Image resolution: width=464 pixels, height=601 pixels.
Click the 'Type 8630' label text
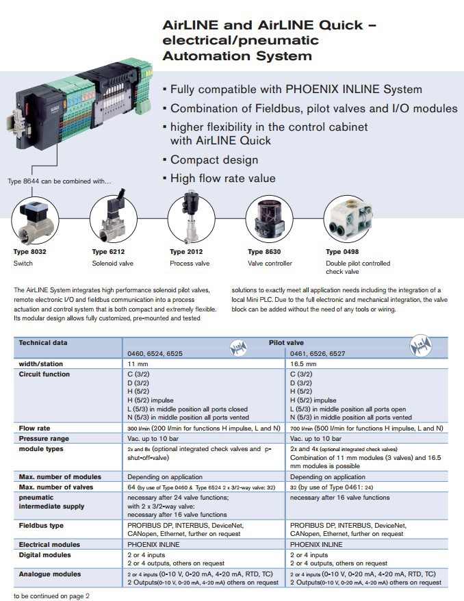pyautogui.click(x=264, y=252)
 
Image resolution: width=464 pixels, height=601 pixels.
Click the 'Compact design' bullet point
pyautogui.click(x=214, y=159)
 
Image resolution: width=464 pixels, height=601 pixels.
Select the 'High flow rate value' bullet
pyautogui.click(x=222, y=178)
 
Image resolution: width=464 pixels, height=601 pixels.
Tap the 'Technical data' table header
pyautogui.click(x=44, y=342)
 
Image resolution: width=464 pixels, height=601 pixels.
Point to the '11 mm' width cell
pyautogui.click(x=140, y=364)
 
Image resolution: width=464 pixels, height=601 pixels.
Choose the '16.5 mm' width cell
pyautogui.click(x=305, y=364)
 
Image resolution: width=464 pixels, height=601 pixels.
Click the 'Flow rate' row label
pyautogui.click(x=34, y=428)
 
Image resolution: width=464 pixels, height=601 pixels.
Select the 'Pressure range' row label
pyautogui.click(x=44, y=438)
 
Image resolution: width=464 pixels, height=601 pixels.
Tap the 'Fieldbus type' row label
pyautogui.click(x=42, y=525)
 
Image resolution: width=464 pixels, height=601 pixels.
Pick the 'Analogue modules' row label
pyautogui.click(x=49, y=574)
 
